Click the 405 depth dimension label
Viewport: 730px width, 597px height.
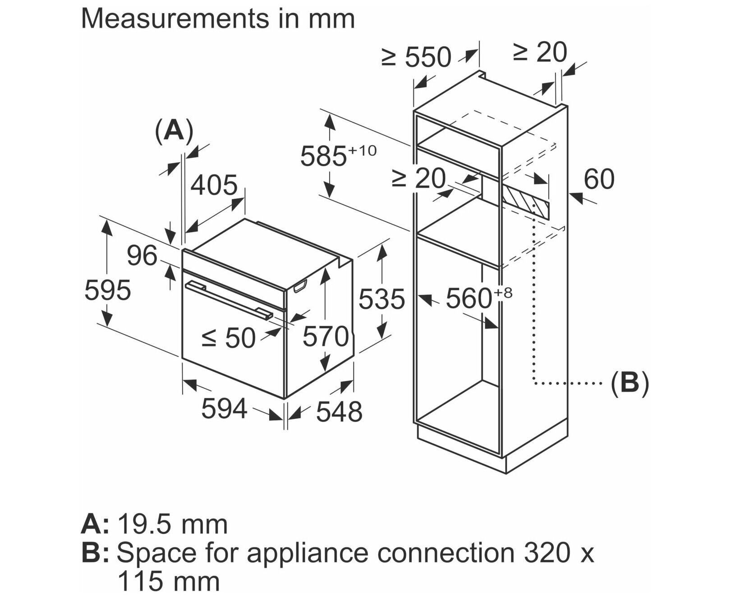coord(214,185)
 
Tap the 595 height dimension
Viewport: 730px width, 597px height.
coord(108,290)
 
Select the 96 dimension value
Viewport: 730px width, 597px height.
coord(142,256)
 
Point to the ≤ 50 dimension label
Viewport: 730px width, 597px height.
coord(228,338)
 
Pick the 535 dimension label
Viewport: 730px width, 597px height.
coord(382,299)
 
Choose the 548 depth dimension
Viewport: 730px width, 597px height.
coord(339,412)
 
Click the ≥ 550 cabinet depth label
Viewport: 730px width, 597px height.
coord(416,57)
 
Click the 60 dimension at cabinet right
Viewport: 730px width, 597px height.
coord(599,179)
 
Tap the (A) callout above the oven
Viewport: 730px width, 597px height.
coord(174,131)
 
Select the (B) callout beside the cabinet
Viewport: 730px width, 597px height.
coord(629,383)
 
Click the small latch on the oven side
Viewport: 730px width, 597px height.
coord(300,286)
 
